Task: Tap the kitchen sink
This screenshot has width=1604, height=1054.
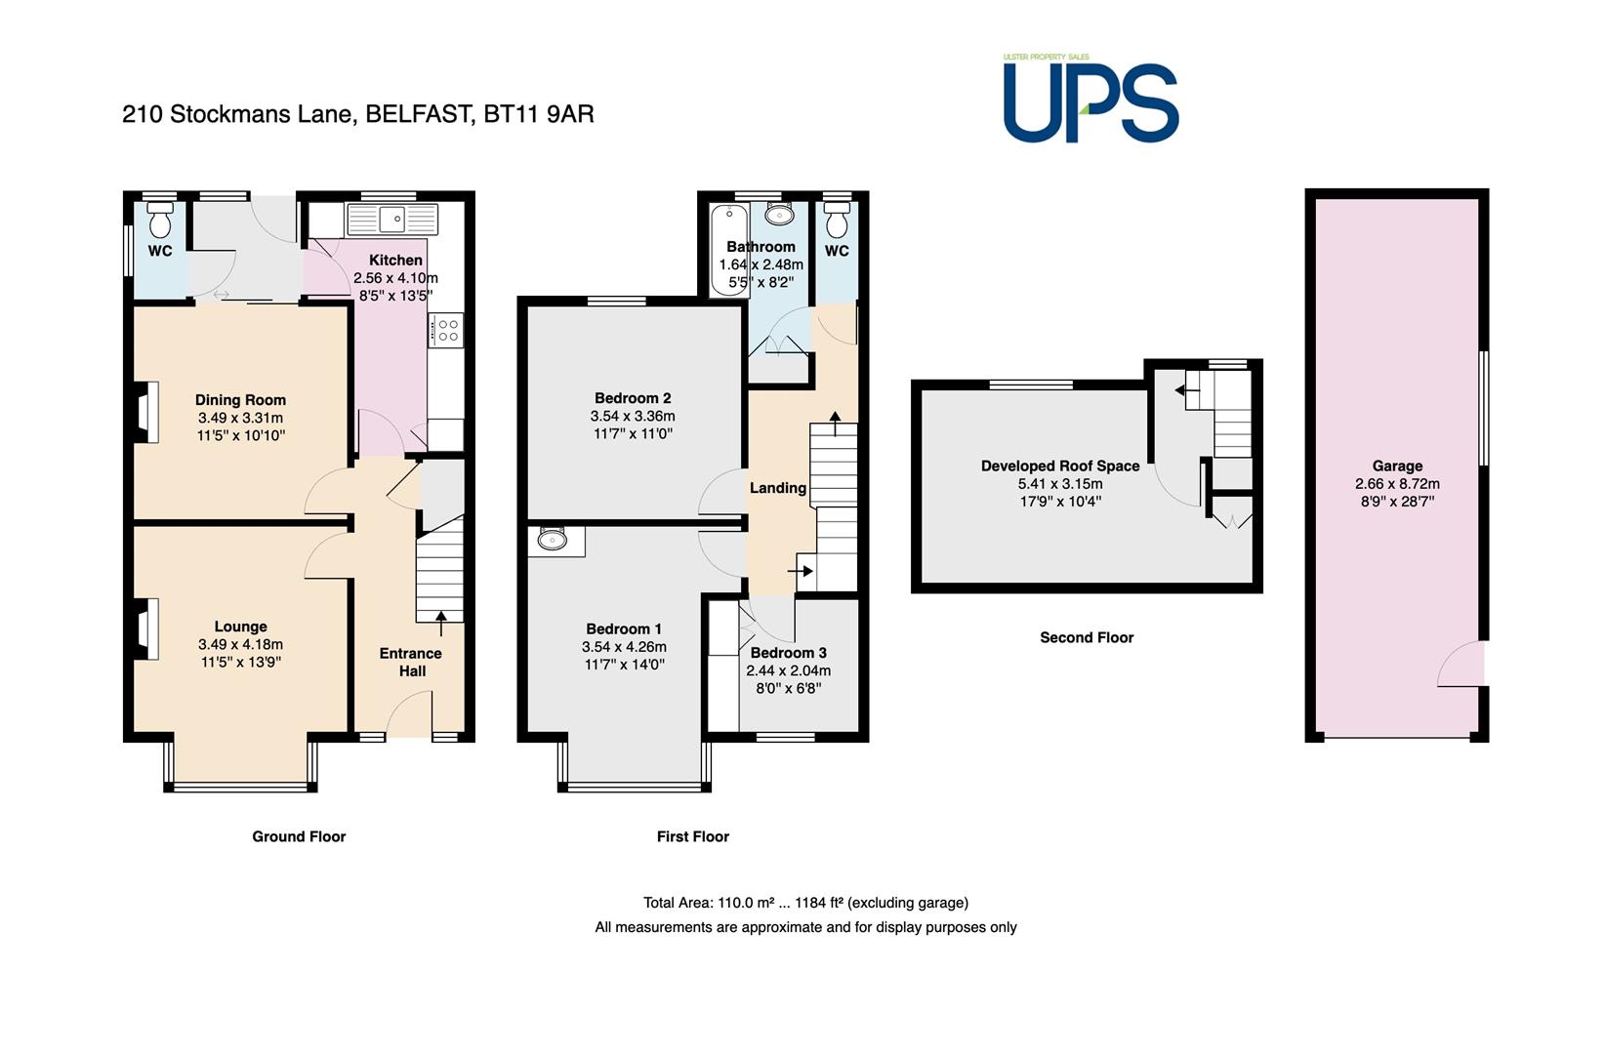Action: [391, 220]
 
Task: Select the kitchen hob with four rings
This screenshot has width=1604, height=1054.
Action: [446, 331]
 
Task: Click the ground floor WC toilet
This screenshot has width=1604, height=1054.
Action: [160, 220]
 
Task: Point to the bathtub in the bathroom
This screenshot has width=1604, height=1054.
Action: [729, 251]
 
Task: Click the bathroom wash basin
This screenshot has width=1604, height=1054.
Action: [779, 214]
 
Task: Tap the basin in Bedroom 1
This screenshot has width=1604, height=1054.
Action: [553, 540]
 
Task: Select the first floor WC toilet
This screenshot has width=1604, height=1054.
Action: [837, 220]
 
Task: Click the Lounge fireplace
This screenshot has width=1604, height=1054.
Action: [144, 628]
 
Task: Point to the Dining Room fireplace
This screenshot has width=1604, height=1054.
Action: [144, 413]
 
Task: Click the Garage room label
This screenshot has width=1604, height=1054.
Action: [1397, 466]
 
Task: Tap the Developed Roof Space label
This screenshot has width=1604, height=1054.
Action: [1060, 466]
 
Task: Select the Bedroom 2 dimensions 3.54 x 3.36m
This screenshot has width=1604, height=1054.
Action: [633, 416]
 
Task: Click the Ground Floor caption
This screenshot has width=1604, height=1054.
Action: [299, 836]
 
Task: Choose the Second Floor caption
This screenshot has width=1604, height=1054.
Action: [1087, 637]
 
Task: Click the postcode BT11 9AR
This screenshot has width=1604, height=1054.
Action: [539, 114]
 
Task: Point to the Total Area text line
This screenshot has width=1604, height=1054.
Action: [805, 903]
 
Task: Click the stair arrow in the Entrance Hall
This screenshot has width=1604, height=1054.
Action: [440, 624]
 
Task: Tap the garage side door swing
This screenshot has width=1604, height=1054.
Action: [1460, 664]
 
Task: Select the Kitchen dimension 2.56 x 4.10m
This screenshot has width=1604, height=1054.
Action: [395, 278]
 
